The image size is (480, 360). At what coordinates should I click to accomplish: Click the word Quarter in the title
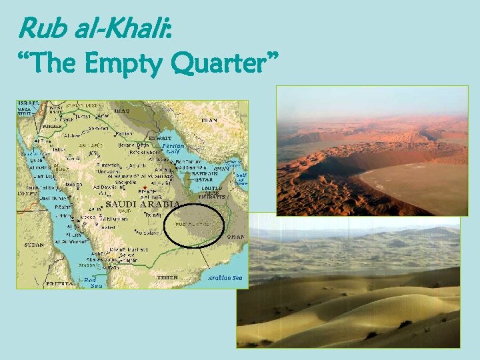223,63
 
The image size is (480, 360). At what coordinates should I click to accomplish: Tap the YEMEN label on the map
167,277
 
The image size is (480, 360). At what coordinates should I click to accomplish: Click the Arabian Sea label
225,277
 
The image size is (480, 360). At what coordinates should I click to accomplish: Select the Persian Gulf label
173,148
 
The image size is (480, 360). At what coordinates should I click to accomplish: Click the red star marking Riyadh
145,187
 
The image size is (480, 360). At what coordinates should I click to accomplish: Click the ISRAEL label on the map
29,103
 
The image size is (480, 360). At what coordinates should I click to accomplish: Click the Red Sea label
91,283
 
